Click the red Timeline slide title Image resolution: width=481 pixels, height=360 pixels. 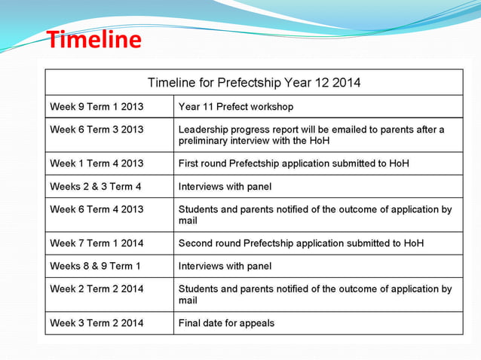click(x=94, y=39)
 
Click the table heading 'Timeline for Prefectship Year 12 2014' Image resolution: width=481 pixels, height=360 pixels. click(x=253, y=83)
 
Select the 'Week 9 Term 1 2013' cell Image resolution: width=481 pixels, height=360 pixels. click(x=97, y=107)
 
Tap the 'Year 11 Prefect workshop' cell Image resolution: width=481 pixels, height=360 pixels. click(x=236, y=107)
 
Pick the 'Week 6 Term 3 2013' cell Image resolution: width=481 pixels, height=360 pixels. click(x=97, y=130)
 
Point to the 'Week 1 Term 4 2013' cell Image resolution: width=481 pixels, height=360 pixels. click(x=97, y=163)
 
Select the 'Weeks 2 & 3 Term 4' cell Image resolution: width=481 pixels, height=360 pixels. click(x=96, y=187)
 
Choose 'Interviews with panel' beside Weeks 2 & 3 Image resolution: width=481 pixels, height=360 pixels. click(x=225, y=187)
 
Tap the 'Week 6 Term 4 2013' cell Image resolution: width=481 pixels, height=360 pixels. click(x=97, y=209)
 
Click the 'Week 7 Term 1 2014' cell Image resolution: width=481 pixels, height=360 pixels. click(x=97, y=243)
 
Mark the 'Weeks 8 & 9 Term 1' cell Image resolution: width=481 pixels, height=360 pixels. click(x=96, y=266)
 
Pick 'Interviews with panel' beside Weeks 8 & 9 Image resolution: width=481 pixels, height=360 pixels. click(x=225, y=266)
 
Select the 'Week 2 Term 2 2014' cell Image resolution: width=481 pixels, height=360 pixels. click(x=97, y=288)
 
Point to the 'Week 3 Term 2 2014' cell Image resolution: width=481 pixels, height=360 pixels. click(x=97, y=323)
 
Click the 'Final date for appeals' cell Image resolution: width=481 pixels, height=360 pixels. click(x=226, y=323)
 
